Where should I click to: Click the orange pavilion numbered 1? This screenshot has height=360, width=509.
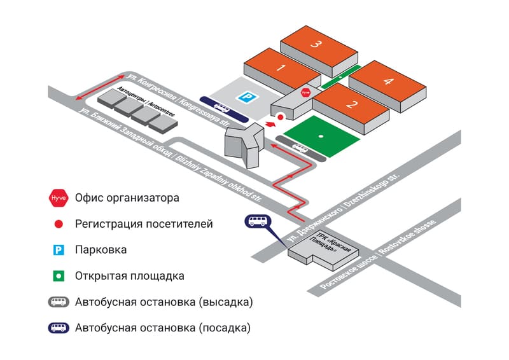pyautogui.click(x=279, y=66)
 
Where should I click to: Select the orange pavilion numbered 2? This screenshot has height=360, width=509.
pyautogui.click(x=349, y=104)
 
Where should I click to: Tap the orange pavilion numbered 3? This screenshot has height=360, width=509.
pyautogui.click(x=315, y=44)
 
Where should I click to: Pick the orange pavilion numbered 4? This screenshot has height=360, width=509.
pyautogui.click(x=387, y=80)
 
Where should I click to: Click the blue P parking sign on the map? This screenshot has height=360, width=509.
pyautogui.click(x=244, y=97)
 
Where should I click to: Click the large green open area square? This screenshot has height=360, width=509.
pyautogui.click(x=322, y=135)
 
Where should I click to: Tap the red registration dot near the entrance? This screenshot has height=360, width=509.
pyautogui.click(x=279, y=118)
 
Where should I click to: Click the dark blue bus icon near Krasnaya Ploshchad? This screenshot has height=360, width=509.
pyautogui.click(x=257, y=221)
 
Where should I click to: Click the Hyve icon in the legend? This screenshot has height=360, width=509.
pyautogui.click(x=57, y=198)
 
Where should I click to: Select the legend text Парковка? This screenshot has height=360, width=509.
pyautogui.click(x=100, y=250)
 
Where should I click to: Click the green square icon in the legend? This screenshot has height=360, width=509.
pyautogui.click(x=57, y=276)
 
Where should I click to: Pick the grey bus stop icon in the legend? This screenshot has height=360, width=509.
pyautogui.click(x=57, y=302)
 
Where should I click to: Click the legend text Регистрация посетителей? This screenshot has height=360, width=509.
pyautogui.click(x=143, y=224)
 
